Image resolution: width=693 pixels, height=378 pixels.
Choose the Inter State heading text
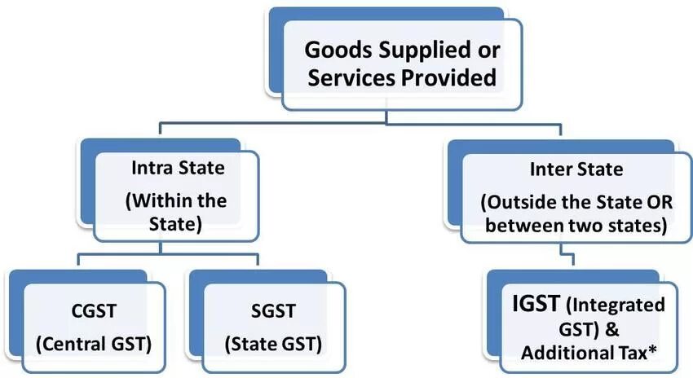[x=564, y=170]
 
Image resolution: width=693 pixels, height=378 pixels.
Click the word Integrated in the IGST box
[x=619, y=306]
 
